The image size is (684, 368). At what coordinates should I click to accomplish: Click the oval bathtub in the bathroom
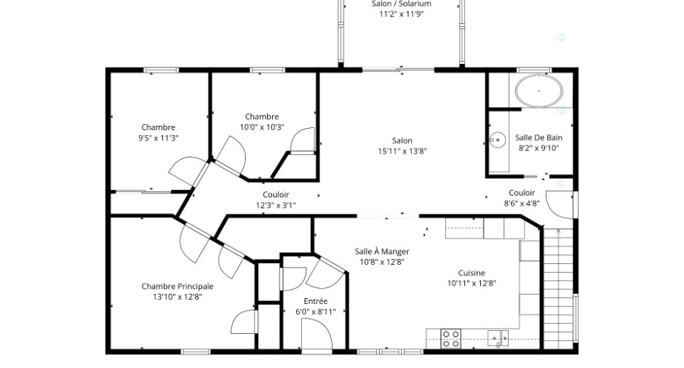[x=538, y=91]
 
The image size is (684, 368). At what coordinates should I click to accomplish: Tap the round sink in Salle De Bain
[x=497, y=140]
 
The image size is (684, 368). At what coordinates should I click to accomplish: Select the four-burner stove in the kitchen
[x=450, y=338]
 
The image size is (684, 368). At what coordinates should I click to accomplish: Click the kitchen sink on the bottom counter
[x=498, y=339]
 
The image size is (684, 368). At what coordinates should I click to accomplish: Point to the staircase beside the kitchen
[x=558, y=288]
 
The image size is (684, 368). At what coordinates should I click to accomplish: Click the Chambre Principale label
[x=178, y=287]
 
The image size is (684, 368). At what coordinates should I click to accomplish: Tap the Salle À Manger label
[x=382, y=251]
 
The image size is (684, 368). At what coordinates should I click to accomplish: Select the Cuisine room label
[x=472, y=273]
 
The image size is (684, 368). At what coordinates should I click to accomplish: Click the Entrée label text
[x=315, y=301]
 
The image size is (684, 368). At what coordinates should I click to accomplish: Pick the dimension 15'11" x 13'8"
[x=402, y=151]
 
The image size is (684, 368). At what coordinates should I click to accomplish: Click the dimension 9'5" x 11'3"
[x=159, y=138]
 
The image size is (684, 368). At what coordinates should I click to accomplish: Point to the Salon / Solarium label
[x=402, y=4]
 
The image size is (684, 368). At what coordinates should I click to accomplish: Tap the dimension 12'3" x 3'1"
[x=276, y=205]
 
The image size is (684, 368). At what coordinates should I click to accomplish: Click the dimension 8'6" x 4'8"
[x=522, y=203]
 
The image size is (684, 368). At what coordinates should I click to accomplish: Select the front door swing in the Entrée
[x=317, y=333]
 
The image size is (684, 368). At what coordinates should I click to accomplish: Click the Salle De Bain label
[x=538, y=137]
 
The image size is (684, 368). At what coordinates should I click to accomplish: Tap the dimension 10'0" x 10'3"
[x=262, y=127]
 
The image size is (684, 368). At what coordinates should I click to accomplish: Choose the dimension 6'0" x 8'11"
[x=315, y=312]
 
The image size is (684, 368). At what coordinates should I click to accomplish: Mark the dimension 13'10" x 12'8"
[x=178, y=297]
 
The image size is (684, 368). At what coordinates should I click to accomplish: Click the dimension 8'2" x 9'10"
[x=538, y=148]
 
